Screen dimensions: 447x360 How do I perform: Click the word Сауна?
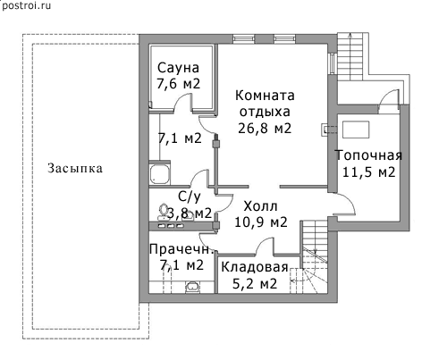(178, 68)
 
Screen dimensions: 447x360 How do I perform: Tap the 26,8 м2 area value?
(265, 128)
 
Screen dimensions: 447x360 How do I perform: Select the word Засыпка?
(75, 168)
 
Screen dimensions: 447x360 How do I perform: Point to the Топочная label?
(368, 155)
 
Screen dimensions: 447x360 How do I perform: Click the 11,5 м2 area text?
(368, 172)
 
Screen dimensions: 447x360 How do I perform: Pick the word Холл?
(260, 206)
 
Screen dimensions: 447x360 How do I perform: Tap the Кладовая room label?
(255, 267)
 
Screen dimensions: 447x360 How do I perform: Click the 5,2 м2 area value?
(255, 283)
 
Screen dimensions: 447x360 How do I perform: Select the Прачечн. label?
(181, 249)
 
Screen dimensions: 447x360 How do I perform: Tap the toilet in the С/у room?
(164, 212)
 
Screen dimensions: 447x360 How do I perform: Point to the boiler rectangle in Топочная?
(356, 130)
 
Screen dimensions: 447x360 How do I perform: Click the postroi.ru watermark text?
(26, 5)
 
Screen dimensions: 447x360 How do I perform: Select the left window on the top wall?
(243, 38)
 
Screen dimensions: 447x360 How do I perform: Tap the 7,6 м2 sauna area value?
(178, 84)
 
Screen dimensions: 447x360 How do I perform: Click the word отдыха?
(265, 112)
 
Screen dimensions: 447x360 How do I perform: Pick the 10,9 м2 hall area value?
(261, 222)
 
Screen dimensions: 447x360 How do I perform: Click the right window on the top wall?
(284, 38)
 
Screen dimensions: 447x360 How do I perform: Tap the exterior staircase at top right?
(350, 56)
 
